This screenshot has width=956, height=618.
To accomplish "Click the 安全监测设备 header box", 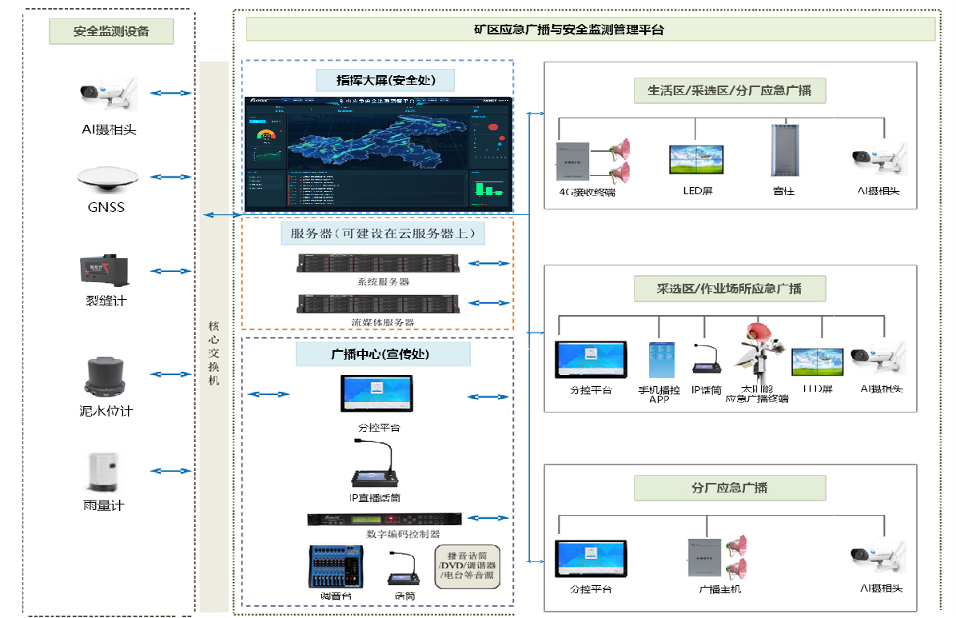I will (111, 32).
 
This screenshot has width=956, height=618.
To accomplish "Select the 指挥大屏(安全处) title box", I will (384, 80).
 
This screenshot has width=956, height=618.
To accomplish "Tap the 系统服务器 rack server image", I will (378, 264).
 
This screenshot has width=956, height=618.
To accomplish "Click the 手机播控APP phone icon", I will (659, 361).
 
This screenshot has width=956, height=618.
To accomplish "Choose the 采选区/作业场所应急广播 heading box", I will (729, 289).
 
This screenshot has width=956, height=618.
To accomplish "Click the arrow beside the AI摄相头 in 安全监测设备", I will (170, 94).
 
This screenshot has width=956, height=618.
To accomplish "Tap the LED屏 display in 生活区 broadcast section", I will (696, 160).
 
